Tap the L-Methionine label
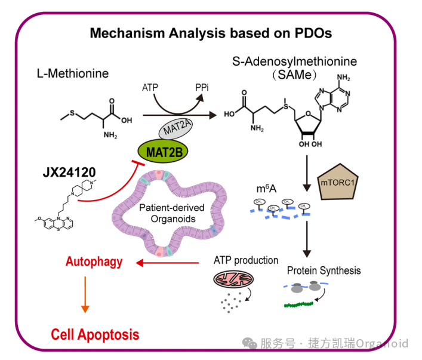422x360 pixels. coord(72,73)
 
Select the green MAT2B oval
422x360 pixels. coord(163,151)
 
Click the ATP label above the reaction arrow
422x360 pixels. coord(150,88)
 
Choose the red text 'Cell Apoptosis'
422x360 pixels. coord(95,334)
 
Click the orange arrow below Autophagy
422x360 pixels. coord(85,296)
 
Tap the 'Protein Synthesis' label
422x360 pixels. coord(324,270)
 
